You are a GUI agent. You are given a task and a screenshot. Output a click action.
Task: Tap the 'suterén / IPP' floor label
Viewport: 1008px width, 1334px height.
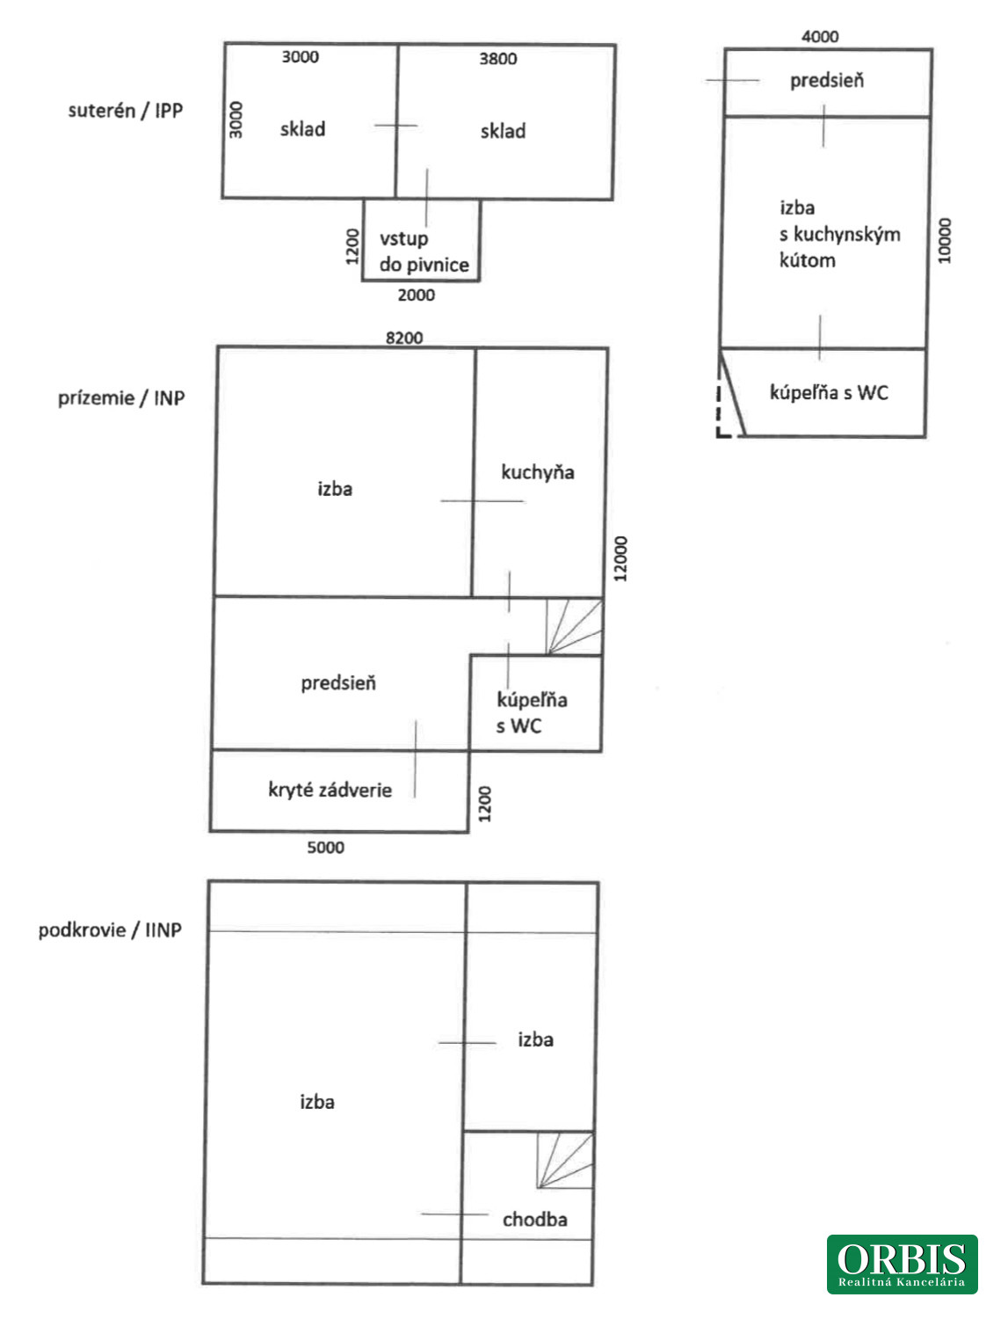pyautogui.click(x=125, y=111)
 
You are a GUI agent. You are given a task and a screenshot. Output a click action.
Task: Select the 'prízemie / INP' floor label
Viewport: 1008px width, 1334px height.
pyautogui.click(x=121, y=398)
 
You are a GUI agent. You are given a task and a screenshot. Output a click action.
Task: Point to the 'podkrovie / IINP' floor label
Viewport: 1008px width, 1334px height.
pyautogui.click(x=110, y=929)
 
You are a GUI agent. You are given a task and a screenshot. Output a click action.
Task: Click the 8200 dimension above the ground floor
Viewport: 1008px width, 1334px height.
pyautogui.click(x=404, y=338)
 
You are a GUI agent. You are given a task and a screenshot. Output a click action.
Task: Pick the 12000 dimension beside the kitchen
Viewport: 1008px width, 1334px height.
pyautogui.click(x=620, y=558)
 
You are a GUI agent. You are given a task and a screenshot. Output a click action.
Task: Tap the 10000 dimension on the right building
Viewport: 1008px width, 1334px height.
pyautogui.click(x=944, y=241)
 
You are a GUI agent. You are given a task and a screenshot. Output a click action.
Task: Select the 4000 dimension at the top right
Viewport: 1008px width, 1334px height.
pyautogui.click(x=820, y=36)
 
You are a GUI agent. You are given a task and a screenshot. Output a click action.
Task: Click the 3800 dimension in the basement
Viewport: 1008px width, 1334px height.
pyautogui.click(x=498, y=59)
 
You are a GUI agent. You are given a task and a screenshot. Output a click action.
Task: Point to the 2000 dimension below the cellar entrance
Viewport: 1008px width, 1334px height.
pyautogui.click(x=416, y=295)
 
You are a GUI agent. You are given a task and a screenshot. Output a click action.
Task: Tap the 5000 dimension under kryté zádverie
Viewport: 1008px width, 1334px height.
pyautogui.click(x=325, y=848)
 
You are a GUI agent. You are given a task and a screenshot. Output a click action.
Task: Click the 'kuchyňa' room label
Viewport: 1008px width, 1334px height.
pyautogui.click(x=538, y=472)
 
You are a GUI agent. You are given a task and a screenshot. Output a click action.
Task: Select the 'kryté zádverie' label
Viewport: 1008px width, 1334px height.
pyautogui.click(x=330, y=790)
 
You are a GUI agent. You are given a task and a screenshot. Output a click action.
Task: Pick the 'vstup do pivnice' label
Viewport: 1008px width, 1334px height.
pyautogui.click(x=424, y=251)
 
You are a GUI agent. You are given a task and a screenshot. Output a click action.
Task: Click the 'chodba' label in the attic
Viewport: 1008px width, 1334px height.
pyautogui.click(x=535, y=1219)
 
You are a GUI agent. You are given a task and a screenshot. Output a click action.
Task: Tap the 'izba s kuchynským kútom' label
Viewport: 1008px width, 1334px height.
pyautogui.click(x=840, y=234)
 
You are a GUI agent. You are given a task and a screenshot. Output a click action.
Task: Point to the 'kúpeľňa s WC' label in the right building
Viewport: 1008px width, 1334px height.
pyautogui.click(x=829, y=392)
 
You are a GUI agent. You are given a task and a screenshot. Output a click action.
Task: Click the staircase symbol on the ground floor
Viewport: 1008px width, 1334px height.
pyautogui.click(x=574, y=627)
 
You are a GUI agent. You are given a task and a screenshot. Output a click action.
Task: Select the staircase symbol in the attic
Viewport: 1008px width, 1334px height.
pyautogui.click(x=565, y=1160)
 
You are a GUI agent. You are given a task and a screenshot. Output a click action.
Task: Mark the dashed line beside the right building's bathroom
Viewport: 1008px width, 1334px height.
pyautogui.click(x=719, y=413)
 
